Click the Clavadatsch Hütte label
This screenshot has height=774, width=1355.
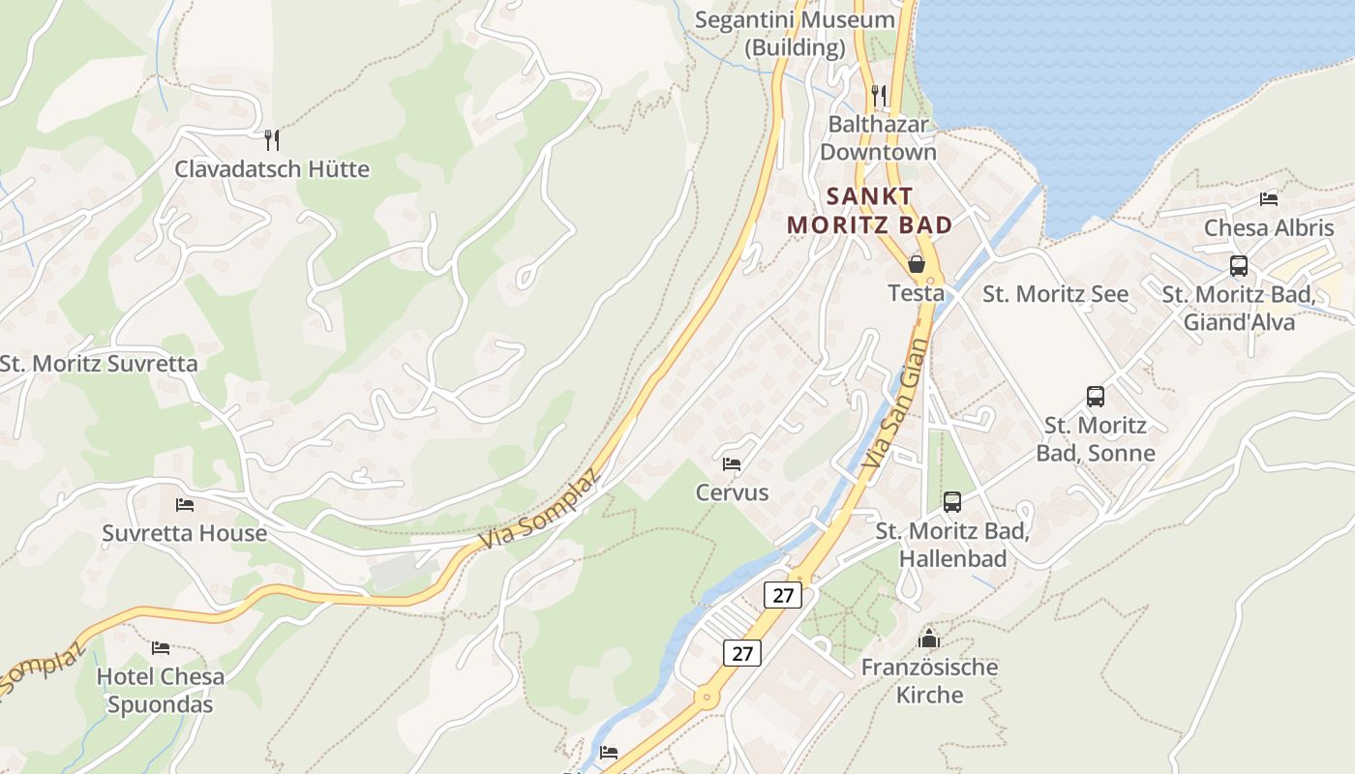272,169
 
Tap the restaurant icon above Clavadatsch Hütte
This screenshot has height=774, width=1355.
272,140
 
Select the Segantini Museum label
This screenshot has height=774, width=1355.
795,33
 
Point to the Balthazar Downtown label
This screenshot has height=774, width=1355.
878,138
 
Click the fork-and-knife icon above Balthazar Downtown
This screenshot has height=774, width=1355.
879,95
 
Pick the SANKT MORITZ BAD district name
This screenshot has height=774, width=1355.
869,211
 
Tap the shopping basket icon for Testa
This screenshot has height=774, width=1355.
917,263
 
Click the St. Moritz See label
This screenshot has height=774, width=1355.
1056,294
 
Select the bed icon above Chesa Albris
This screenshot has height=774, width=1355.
1269,199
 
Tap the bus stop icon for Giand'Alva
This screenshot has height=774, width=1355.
1239,266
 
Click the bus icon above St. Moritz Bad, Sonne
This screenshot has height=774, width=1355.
1096,397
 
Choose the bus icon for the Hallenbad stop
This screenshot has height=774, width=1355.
952,502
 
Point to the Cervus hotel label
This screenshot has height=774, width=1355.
732,492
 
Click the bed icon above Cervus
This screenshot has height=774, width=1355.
732,464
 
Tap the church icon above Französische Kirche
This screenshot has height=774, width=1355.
929,639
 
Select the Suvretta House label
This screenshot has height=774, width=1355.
185,533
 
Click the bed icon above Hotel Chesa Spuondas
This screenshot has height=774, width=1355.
161,647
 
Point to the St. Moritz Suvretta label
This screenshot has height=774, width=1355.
99,364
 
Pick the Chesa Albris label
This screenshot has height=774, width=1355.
1269,228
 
